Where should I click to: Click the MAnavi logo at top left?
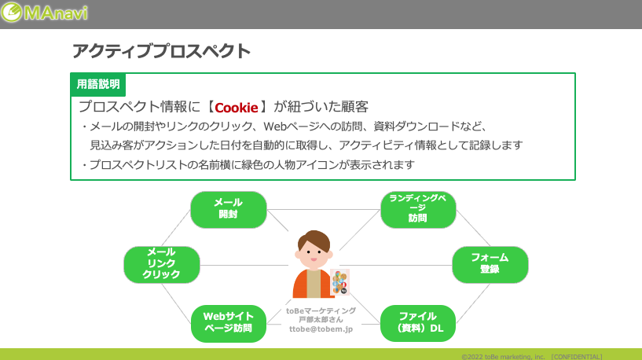point(44,13)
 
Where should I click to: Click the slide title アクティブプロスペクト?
point(161,51)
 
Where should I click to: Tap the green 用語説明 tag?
point(98,84)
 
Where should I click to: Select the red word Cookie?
point(237,108)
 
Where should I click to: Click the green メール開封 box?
point(229,209)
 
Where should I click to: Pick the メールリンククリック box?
point(162,265)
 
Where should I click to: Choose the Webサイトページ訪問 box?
point(229,323)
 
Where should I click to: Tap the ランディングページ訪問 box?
point(418,209)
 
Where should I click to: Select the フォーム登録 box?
point(490,265)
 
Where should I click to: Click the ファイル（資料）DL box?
point(418,323)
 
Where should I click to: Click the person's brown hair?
point(314,240)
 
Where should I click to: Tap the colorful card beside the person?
point(339,281)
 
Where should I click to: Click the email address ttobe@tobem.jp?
point(321,329)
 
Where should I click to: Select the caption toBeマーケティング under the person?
point(321,310)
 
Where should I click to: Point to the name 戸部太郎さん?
point(321,320)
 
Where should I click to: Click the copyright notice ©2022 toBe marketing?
point(503,357)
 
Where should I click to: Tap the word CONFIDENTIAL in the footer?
point(577,357)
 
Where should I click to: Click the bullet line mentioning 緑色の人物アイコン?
point(248,164)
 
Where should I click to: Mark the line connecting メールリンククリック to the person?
point(244,265)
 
